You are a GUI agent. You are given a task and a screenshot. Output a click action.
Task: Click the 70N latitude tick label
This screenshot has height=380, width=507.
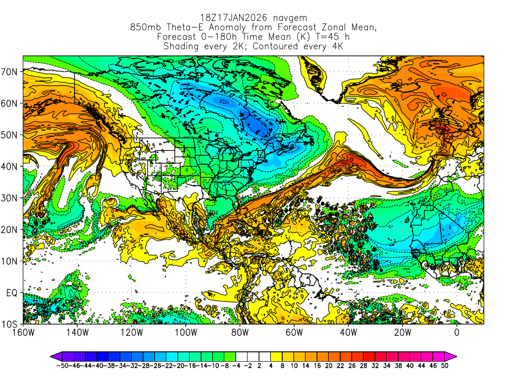click(x=9, y=71)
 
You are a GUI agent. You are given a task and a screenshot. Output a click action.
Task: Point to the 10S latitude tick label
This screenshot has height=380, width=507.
click(x=9, y=324)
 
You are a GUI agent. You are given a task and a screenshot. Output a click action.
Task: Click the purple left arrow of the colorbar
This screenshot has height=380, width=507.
click(x=54, y=356)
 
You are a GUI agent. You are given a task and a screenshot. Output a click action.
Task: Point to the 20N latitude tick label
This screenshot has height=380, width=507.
click(x=9, y=230)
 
